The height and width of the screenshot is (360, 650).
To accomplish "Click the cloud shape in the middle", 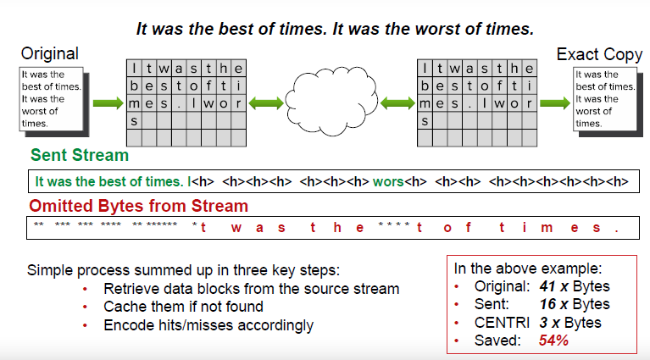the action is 331,102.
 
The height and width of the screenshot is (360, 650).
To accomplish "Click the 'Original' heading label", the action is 50,53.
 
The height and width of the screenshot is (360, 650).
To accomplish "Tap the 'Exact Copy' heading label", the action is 599,55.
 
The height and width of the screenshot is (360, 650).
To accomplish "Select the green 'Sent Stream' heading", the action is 80,155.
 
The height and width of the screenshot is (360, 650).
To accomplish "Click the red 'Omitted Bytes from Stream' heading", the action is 138,206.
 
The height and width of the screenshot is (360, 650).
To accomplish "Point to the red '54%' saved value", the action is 553,341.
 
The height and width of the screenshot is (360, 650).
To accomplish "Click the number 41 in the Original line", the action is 547,286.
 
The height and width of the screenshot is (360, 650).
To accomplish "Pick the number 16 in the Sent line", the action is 547,304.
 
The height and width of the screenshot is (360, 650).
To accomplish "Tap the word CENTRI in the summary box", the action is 502,323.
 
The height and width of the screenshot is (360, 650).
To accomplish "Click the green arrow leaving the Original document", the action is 108,103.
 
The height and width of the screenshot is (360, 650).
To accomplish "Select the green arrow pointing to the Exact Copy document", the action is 555,103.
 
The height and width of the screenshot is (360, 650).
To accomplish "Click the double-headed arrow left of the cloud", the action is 266,103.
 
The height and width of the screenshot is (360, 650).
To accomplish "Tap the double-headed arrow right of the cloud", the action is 397,103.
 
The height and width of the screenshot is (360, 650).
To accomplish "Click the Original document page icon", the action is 54,102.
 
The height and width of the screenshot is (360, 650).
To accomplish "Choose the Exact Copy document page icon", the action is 608,102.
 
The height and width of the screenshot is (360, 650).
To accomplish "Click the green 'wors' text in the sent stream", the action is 388,181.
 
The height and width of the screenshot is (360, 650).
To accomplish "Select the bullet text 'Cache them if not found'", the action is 183,307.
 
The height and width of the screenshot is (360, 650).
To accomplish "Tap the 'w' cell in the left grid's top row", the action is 164,68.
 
